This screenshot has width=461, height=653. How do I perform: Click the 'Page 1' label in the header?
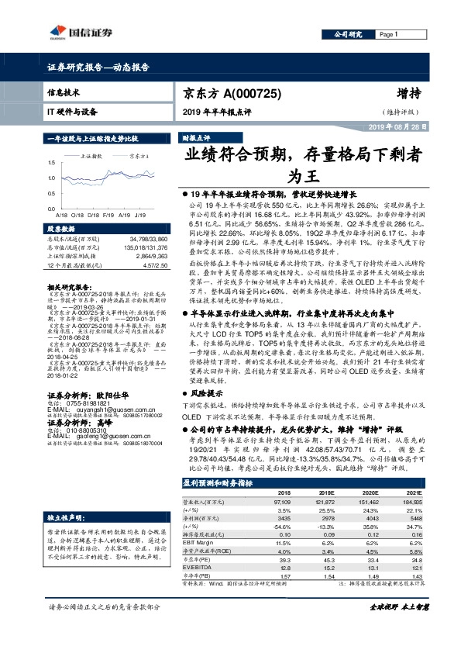point(387,35)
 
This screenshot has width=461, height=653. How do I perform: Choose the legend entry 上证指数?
point(94,155)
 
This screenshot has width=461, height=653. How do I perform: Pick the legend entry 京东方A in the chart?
point(138,155)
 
